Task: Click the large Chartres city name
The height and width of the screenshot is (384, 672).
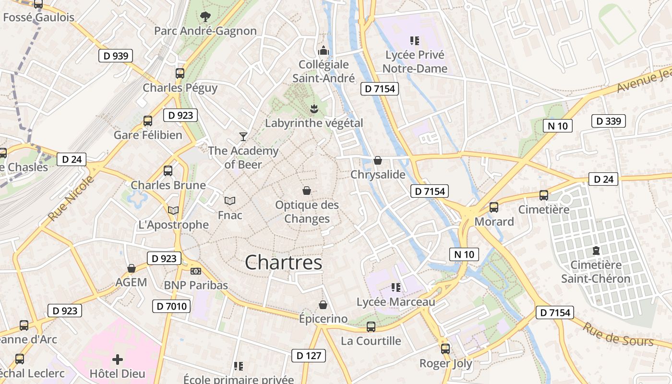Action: pos(283,263)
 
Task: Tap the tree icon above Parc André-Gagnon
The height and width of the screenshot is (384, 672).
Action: pos(205,17)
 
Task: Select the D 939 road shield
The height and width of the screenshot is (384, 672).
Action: pos(116,56)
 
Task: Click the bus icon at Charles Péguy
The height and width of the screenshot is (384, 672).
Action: pos(180,73)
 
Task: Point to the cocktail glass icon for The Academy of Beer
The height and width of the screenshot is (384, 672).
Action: pos(243,137)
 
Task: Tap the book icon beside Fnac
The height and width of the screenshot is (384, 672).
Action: pos(230,201)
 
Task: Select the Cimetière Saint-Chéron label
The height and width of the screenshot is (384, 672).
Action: pos(596,272)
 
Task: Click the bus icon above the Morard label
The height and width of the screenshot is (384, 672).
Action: pos(493,207)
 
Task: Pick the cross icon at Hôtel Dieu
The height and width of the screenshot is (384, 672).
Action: pos(118,359)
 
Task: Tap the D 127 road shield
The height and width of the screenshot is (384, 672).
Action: pos(308,356)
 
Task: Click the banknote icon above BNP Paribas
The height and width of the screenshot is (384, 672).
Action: pos(195,271)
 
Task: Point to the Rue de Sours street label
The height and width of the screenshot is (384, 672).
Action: pos(618,334)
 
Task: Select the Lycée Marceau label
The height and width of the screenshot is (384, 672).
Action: pos(396,302)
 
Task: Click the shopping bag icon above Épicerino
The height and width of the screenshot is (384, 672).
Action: pos(323,305)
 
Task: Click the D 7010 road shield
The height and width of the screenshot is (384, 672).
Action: pos(171,306)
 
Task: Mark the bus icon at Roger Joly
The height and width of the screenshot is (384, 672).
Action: pos(445,349)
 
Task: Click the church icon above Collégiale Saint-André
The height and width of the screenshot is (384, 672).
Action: pos(324,50)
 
